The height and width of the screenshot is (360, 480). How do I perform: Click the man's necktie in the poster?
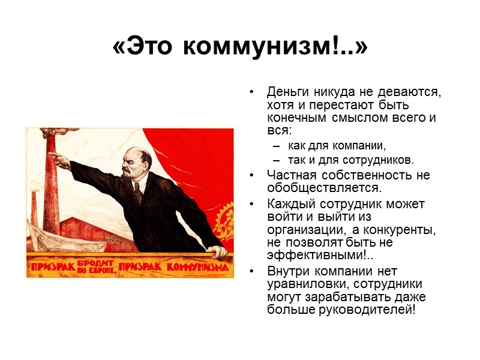[x=138, y=190]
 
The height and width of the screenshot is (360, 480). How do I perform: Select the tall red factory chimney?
[x=50, y=186]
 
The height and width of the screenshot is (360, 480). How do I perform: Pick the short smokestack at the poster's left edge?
[x=34, y=210]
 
